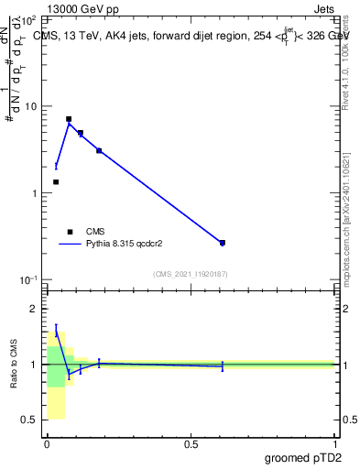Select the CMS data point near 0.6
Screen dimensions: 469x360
coord(223,243)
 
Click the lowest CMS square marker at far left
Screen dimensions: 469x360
coord(56,182)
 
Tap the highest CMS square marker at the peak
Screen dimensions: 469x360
coord(69,119)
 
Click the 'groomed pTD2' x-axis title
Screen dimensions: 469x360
coord(305,456)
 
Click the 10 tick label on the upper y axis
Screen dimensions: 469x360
coord(32,106)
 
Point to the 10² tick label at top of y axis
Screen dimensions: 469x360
coord(30,19)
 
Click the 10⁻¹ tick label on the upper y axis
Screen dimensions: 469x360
coord(30,279)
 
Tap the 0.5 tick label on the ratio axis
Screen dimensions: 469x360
coord(32,420)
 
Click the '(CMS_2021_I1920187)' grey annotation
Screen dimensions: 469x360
coord(190,273)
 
